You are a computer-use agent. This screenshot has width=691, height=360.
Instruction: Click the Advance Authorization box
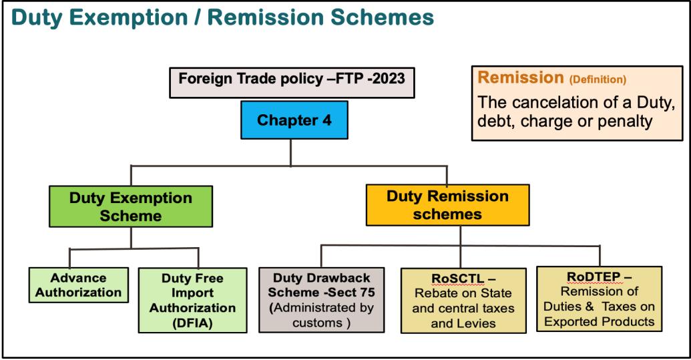79,285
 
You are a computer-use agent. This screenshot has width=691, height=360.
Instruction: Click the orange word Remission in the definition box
521,78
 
